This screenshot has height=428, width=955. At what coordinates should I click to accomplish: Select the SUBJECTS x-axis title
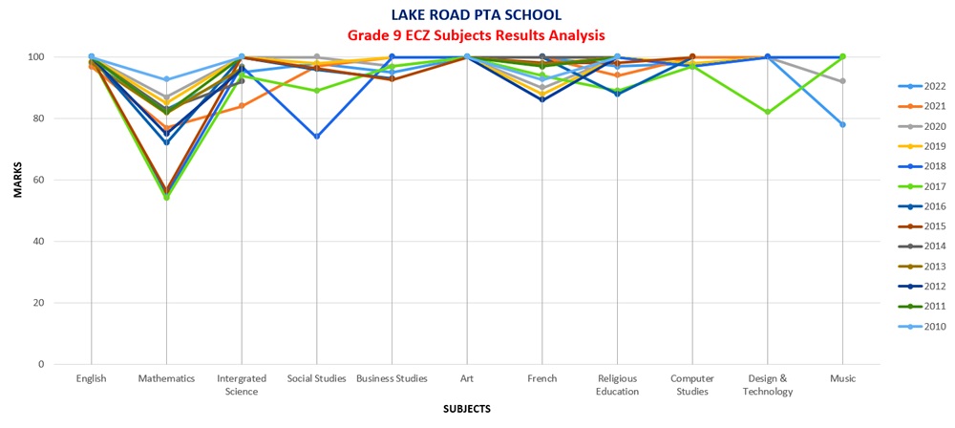pos(467,409)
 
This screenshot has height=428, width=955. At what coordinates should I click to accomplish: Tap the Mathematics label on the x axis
pos(166,378)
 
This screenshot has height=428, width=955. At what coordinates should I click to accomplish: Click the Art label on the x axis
pos(467,378)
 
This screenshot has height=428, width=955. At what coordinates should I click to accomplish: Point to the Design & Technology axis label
pos(768,383)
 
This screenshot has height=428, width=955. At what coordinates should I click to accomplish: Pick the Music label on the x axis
pos(842,378)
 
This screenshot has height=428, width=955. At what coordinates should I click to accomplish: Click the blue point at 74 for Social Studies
pos(316,137)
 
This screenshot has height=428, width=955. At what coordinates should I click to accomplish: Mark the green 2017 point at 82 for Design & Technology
pos(768,112)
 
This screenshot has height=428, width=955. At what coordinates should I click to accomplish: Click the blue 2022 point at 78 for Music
pos(842,124)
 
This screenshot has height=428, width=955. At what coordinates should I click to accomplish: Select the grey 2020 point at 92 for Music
pos(842,81)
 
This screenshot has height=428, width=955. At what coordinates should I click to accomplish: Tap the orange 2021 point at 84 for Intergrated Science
pos(242,106)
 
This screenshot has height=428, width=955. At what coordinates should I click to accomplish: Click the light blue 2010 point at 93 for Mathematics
pos(166,79)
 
